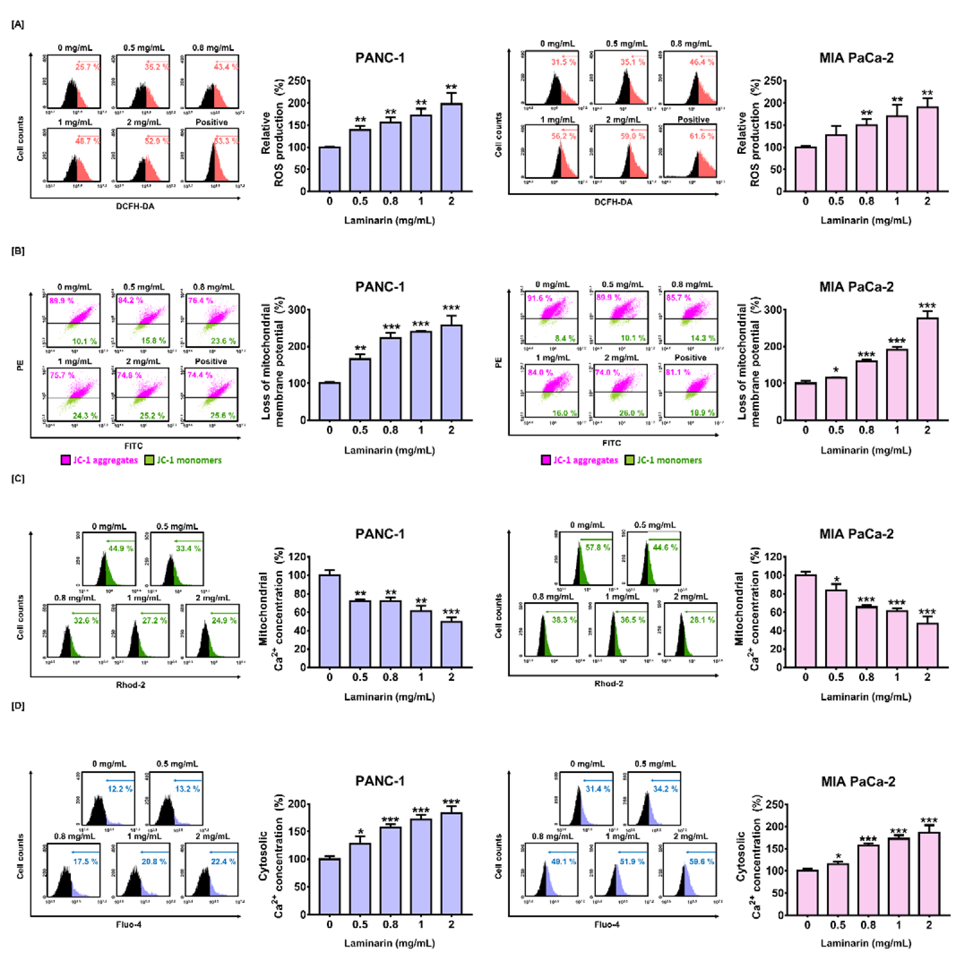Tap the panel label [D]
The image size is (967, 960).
(x=17, y=706)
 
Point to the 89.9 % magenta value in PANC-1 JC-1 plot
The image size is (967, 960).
(x=61, y=301)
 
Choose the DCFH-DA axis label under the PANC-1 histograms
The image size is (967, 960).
(x=135, y=206)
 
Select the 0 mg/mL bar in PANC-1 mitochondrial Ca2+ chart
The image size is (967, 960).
(x=329, y=621)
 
